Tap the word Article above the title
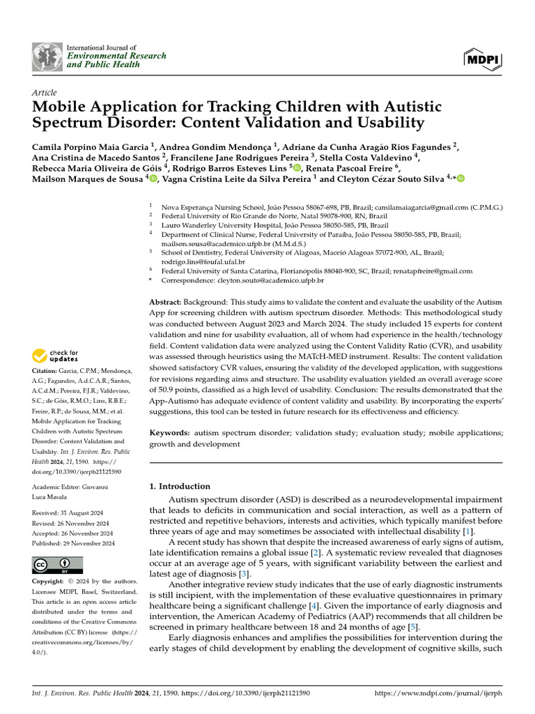click(x=45, y=93)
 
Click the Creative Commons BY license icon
click(x=57, y=565)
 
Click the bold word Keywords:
click(x=169, y=433)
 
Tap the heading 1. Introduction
click(x=180, y=486)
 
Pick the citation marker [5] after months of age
click(x=412, y=627)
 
